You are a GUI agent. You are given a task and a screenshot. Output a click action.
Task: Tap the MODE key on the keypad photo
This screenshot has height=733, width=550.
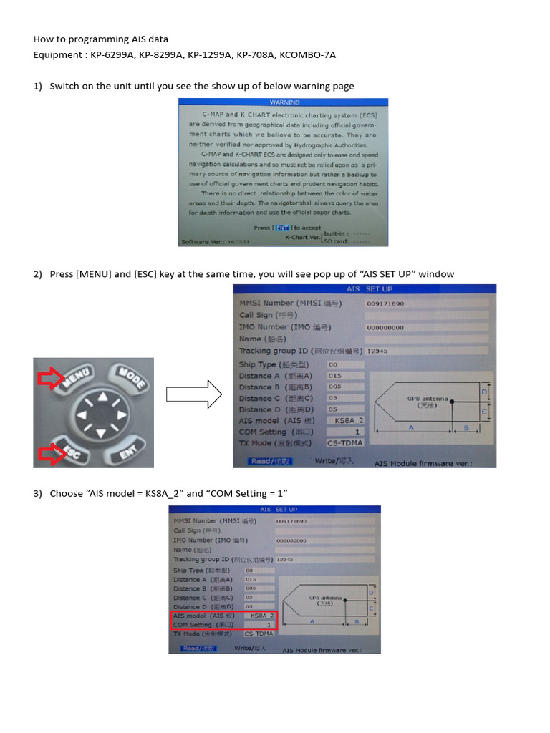(x=130, y=378)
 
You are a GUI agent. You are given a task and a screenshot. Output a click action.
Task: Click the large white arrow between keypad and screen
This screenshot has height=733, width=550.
(x=192, y=394)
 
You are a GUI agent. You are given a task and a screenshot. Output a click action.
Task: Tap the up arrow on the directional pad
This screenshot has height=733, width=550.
(x=103, y=397)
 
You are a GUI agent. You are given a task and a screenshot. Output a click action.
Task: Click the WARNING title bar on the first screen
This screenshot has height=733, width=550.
(x=284, y=102)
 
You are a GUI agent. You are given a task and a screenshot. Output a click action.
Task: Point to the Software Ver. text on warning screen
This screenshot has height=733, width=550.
(x=206, y=241)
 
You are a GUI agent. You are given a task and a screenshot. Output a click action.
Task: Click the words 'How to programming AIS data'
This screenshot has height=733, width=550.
(x=101, y=39)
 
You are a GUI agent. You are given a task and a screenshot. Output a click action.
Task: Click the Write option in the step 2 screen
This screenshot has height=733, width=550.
(x=334, y=461)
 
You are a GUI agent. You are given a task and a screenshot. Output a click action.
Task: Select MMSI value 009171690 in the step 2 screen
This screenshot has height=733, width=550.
(x=385, y=304)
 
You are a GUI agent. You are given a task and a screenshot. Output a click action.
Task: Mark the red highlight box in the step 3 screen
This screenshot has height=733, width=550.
(x=223, y=619)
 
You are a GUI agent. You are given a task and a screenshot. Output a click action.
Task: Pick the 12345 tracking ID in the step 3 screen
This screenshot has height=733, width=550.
(x=285, y=559)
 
